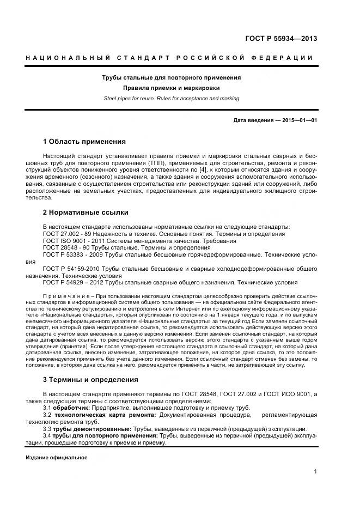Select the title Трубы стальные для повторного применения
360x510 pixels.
(x=172, y=77)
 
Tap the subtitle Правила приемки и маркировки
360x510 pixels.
(x=172, y=88)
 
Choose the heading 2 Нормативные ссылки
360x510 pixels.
(x=86, y=212)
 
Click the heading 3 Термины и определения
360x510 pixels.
(x=90, y=379)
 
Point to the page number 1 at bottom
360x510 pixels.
(x=315, y=472)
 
